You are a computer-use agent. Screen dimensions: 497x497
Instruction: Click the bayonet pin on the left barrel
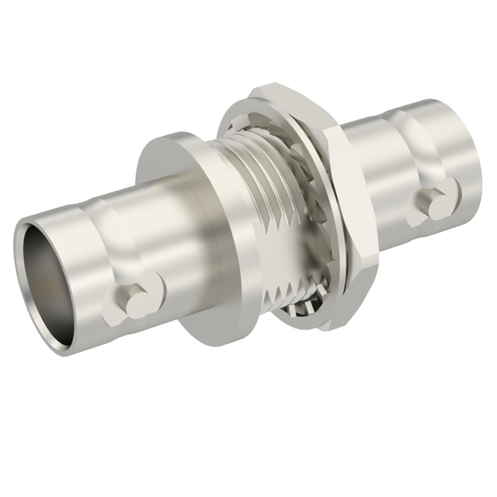tap(133, 298)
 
